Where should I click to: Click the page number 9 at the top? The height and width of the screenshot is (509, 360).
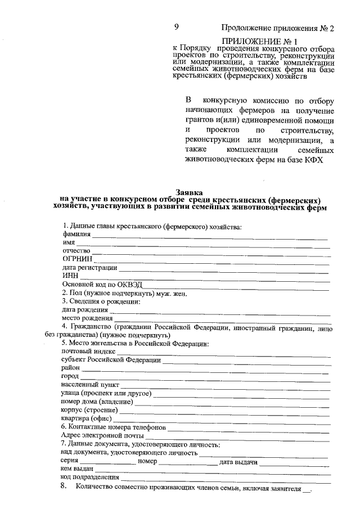pos(176,27)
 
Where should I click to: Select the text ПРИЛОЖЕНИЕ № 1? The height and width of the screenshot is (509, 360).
pos(260,41)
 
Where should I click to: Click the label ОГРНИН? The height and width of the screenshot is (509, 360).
pos(77,259)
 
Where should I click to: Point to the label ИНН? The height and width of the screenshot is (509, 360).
pos(70,276)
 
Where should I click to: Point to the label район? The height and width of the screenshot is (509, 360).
pos(71,368)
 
